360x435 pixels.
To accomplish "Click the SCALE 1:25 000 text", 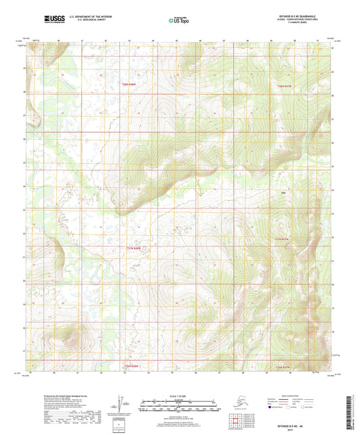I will [x=180, y=396].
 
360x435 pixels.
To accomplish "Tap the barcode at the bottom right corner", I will [x=353, y=412].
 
